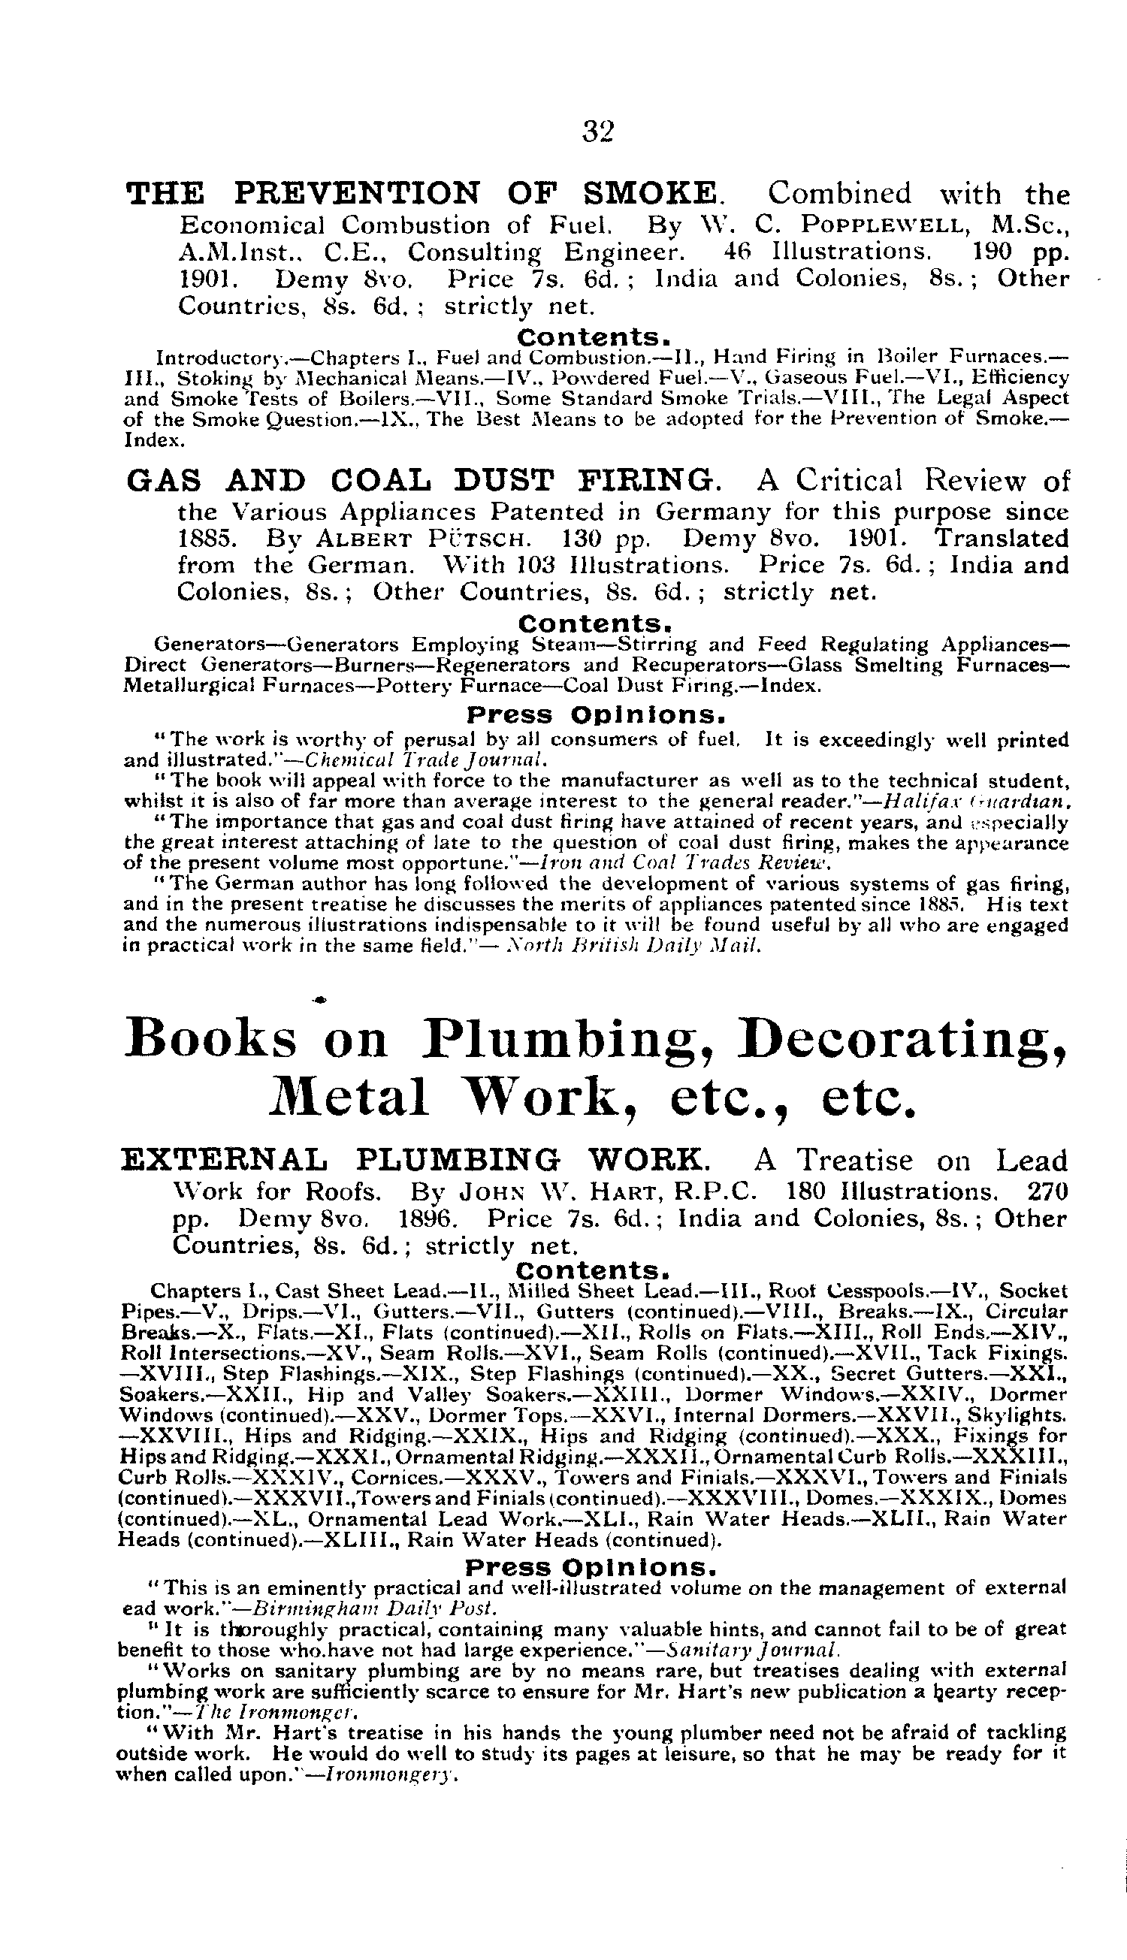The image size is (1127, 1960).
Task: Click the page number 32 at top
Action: point(597,131)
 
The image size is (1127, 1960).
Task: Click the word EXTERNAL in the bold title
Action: point(224,1160)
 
